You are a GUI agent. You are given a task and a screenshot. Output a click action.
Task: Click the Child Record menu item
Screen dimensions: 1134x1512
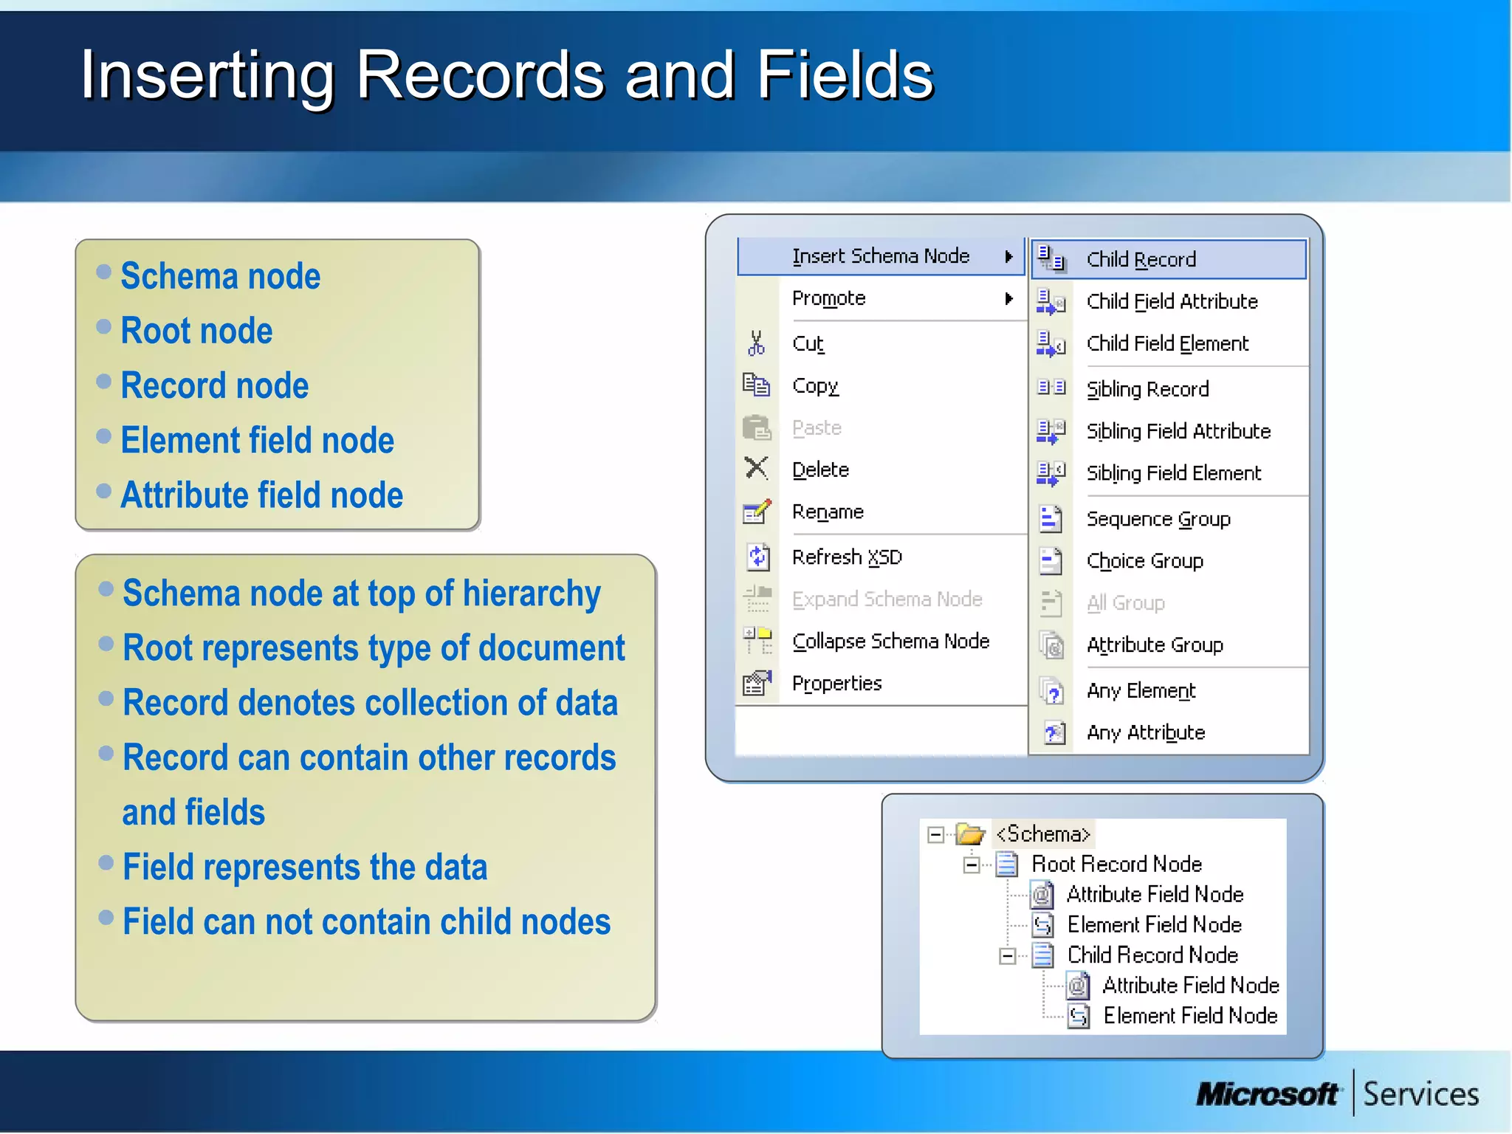pyautogui.click(x=1141, y=260)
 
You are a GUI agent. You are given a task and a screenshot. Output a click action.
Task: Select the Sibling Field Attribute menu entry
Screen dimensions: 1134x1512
pyautogui.click(x=1178, y=431)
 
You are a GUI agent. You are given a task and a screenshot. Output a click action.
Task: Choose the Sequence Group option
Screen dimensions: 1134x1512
pyautogui.click(x=1158, y=519)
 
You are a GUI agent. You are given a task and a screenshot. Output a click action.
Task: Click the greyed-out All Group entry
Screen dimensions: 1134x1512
pyautogui.click(x=1125, y=603)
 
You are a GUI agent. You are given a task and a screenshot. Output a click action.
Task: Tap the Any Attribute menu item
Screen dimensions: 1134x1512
pyautogui.click(x=1145, y=732)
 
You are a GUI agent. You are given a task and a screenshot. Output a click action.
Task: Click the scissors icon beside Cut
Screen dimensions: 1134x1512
pyautogui.click(x=756, y=343)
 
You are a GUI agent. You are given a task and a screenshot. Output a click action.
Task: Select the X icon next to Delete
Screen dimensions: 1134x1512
pyautogui.click(x=756, y=468)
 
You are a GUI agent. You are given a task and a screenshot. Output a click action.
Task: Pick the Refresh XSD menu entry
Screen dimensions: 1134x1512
pyautogui.click(x=847, y=557)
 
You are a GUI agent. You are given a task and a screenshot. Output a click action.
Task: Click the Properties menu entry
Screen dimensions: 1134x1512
pyautogui.click(x=836, y=684)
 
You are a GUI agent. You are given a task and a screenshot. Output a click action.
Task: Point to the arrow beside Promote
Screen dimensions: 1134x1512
pyautogui.click(x=1008, y=298)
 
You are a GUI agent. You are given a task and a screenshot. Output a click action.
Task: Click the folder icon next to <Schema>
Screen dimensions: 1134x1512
pyautogui.click(x=970, y=834)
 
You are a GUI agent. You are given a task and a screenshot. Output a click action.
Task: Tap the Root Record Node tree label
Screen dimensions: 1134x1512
pyautogui.click(x=1116, y=864)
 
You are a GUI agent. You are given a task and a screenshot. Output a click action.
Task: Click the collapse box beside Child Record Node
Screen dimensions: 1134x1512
pyautogui.click(x=1007, y=956)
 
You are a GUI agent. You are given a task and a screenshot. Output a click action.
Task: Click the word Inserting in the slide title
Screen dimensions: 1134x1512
pyautogui.click(x=207, y=75)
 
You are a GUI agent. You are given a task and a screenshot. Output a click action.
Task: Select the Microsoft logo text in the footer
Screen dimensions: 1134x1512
pyautogui.click(x=1267, y=1093)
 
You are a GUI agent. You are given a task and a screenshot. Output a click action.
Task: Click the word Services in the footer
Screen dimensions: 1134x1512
pyautogui.click(x=1420, y=1094)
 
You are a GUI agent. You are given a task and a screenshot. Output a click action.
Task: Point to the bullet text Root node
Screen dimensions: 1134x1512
pyautogui.click(x=196, y=331)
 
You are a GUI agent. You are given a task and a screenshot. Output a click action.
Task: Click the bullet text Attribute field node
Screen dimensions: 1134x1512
pyautogui.click(x=261, y=495)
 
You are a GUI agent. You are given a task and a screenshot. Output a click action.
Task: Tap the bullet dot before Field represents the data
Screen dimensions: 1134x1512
pyautogui.click(x=106, y=862)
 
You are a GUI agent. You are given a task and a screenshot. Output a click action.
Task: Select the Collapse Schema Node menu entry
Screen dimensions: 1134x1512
pyautogui.click(x=890, y=642)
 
